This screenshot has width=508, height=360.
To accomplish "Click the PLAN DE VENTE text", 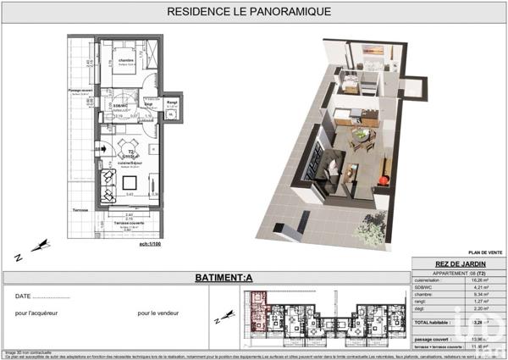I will [x=484, y=252].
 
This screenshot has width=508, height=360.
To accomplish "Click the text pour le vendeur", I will [x=159, y=313].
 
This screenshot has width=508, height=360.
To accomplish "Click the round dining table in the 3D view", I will [x=362, y=134].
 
